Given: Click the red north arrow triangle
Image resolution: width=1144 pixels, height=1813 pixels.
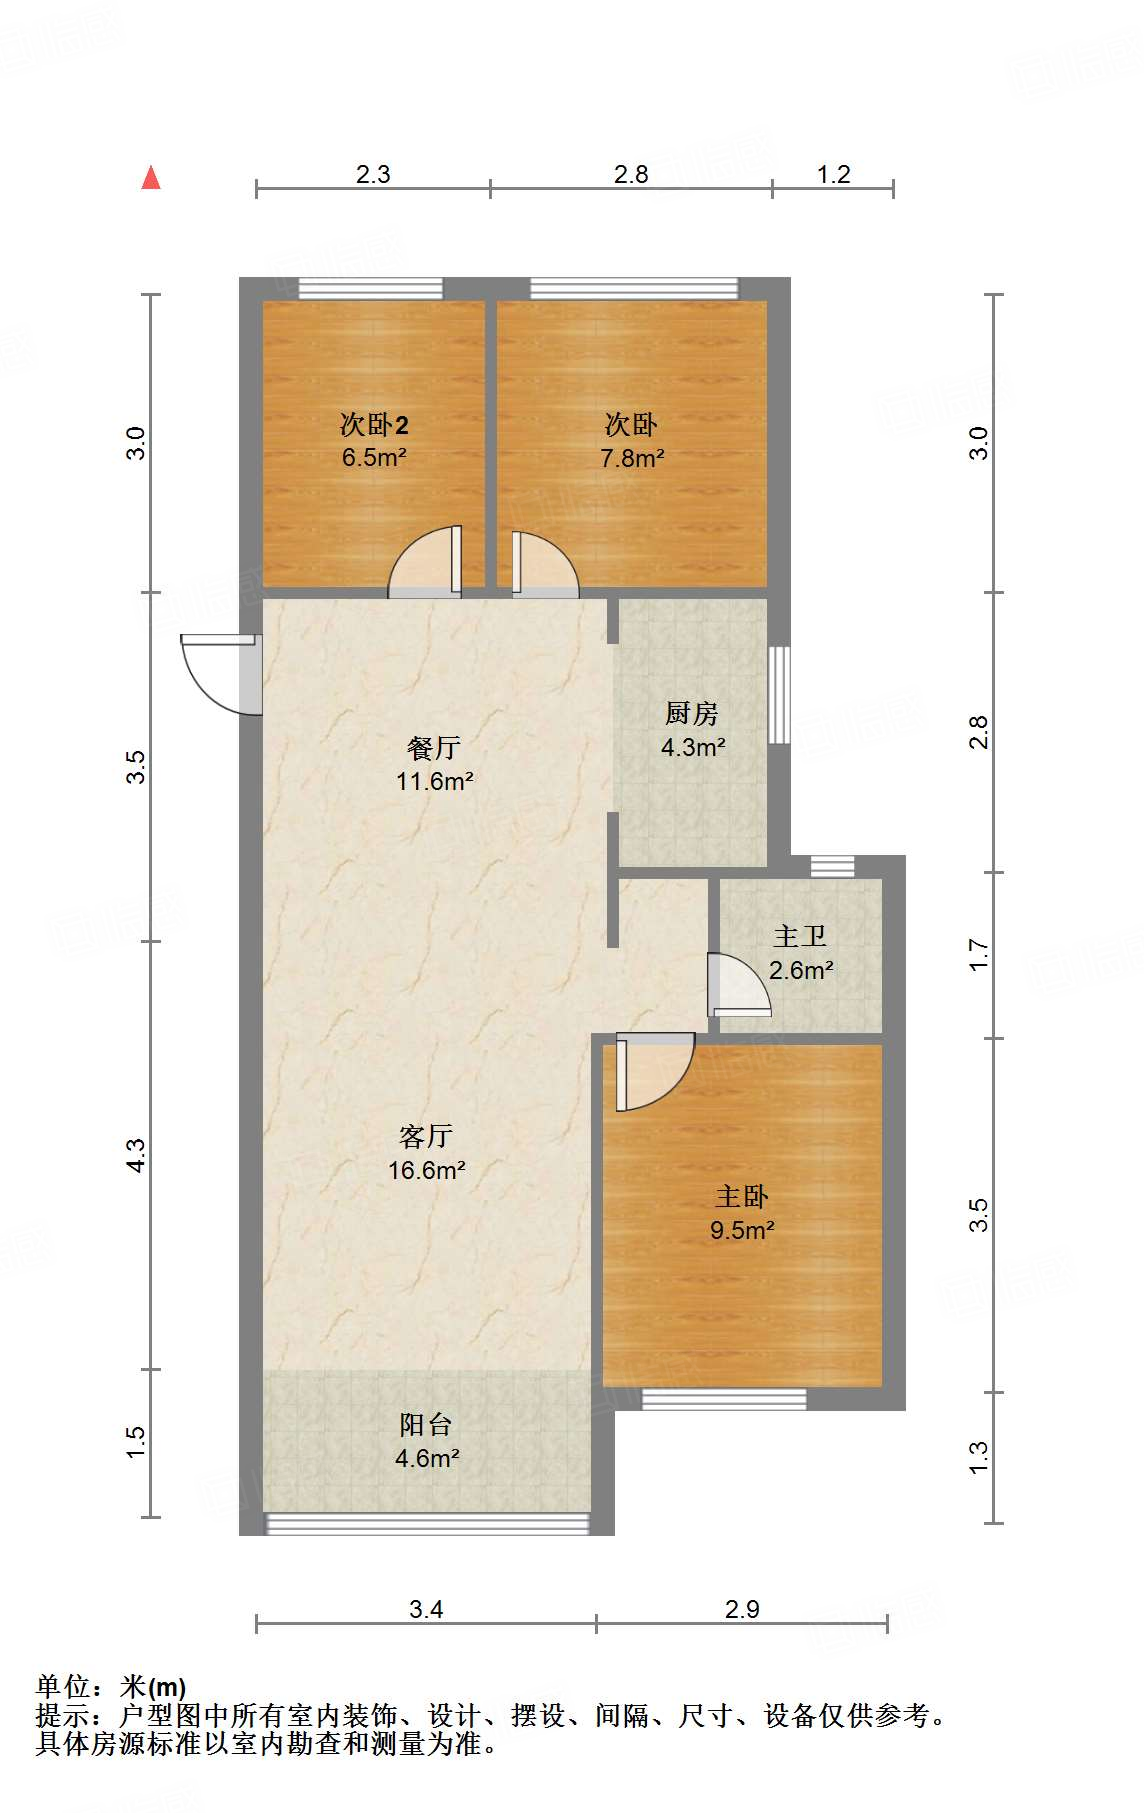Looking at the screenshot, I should tap(151, 178).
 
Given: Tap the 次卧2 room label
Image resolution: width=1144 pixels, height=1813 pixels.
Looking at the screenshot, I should tap(374, 425).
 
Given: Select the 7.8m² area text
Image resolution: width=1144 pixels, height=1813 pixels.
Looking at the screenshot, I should tap(632, 459).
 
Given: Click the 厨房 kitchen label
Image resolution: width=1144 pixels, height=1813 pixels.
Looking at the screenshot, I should tap(691, 713).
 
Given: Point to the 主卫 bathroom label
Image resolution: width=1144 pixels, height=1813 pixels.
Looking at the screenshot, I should tap(800, 936).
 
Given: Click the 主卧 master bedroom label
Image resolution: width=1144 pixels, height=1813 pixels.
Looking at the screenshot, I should tap(742, 1196).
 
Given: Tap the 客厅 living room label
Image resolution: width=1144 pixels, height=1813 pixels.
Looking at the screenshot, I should tap(426, 1136).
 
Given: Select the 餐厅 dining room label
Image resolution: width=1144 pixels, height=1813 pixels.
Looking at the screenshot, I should tap(434, 747).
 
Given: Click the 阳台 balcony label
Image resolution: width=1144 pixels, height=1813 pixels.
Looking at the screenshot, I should tap(426, 1424).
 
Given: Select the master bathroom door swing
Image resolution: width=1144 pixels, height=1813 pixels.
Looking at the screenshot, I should tap(738, 985).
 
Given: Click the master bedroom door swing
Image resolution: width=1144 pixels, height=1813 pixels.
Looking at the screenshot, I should tap(652, 1070).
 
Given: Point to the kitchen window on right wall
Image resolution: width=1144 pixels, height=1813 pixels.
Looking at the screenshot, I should tap(779, 695).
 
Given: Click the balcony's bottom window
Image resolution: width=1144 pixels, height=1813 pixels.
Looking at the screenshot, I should tap(428, 1523).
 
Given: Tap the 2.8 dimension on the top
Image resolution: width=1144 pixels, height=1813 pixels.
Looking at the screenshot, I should tap(631, 174).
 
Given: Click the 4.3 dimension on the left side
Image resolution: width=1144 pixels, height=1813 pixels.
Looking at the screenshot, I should tap(136, 1155).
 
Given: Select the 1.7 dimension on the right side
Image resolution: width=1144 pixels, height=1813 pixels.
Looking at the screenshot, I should tap(979, 954).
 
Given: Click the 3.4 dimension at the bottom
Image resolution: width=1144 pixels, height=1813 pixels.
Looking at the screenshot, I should tap(426, 1609).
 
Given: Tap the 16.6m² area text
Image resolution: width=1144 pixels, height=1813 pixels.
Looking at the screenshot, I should tap(427, 1170).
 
